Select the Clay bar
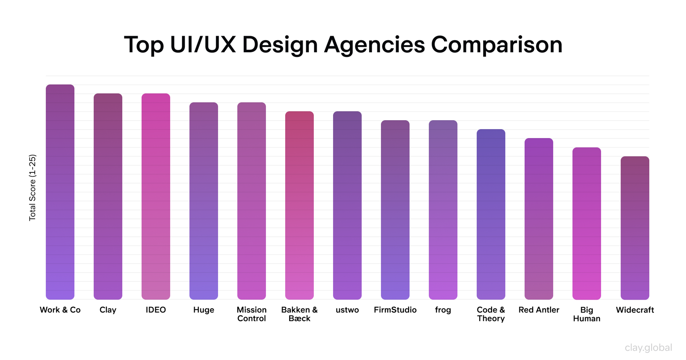[108, 196]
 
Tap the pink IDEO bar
[156, 196]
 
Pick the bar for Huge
[204, 201]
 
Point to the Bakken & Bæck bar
[299, 205]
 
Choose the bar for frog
[443, 210]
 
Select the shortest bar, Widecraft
[635, 228]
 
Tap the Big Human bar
[587, 223]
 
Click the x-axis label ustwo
[347, 310]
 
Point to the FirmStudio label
[395, 310]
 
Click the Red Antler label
[539, 310]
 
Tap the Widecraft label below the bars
[635, 310]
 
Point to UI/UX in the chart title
[203, 45]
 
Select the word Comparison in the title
[496, 45]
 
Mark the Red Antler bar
[539, 219]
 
